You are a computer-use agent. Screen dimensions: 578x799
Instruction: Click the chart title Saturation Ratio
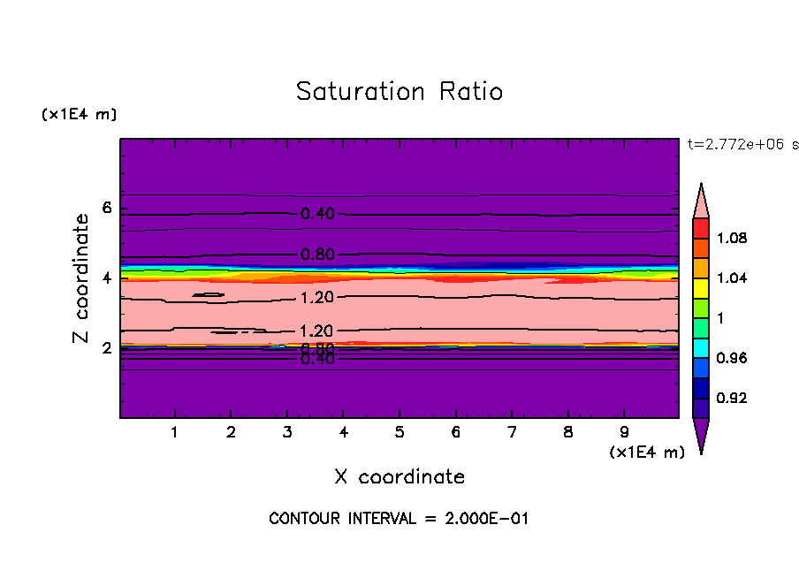pyautogui.click(x=399, y=92)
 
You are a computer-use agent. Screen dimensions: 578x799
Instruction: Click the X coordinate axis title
pyautogui.click(x=399, y=477)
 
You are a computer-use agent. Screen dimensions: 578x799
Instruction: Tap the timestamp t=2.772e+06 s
pyautogui.click(x=742, y=144)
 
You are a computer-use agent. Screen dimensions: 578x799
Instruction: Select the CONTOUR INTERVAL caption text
pyautogui.click(x=399, y=519)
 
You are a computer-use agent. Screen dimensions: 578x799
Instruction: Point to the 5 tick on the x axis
pyautogui.click(x=399, y=433)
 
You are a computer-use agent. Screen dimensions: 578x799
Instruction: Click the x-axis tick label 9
pyautogui.click(x=624, y=433)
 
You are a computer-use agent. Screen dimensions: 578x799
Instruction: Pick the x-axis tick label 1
pyautogui.click(x=175, y=433)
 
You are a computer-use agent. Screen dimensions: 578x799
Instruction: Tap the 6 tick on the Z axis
pyautogui.click(x=107, y=209)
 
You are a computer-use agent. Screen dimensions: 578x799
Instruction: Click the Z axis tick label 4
pyautogui.click(x=107, y=278)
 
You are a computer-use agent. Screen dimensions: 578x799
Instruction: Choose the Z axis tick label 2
pyautogui.click(x=107, y=348)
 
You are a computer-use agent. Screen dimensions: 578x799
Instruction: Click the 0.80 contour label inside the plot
pyautogui.click(x=317, y=255)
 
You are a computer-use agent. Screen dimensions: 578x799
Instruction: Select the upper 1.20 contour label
pyautogui.click(x=317, y=297)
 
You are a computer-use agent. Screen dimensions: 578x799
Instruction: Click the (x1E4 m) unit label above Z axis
pyautogui.click(x=79, y=115)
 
